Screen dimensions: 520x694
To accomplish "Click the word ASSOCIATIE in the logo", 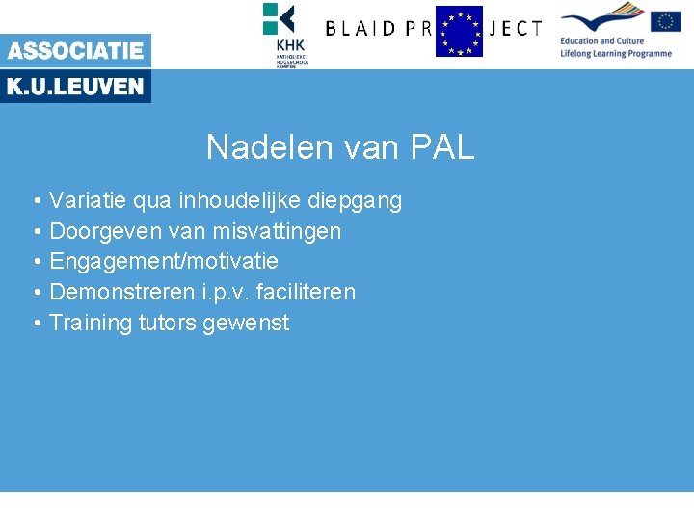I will [75, 51].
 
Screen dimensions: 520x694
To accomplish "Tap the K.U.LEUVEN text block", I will [75, 87].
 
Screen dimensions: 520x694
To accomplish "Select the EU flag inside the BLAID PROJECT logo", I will [459, 31].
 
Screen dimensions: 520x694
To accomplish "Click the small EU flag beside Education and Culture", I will [665, 21].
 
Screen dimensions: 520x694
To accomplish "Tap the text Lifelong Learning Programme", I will [615, 54].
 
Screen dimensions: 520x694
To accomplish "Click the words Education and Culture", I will [601, 41].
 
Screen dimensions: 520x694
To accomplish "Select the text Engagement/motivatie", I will [163, 262].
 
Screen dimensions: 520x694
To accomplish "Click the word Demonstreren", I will [114, 292].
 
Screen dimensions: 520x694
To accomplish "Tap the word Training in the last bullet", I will [87, 323].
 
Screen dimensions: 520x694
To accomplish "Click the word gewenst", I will [246, 323].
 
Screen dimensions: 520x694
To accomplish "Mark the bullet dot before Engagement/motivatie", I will [35, 262].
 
